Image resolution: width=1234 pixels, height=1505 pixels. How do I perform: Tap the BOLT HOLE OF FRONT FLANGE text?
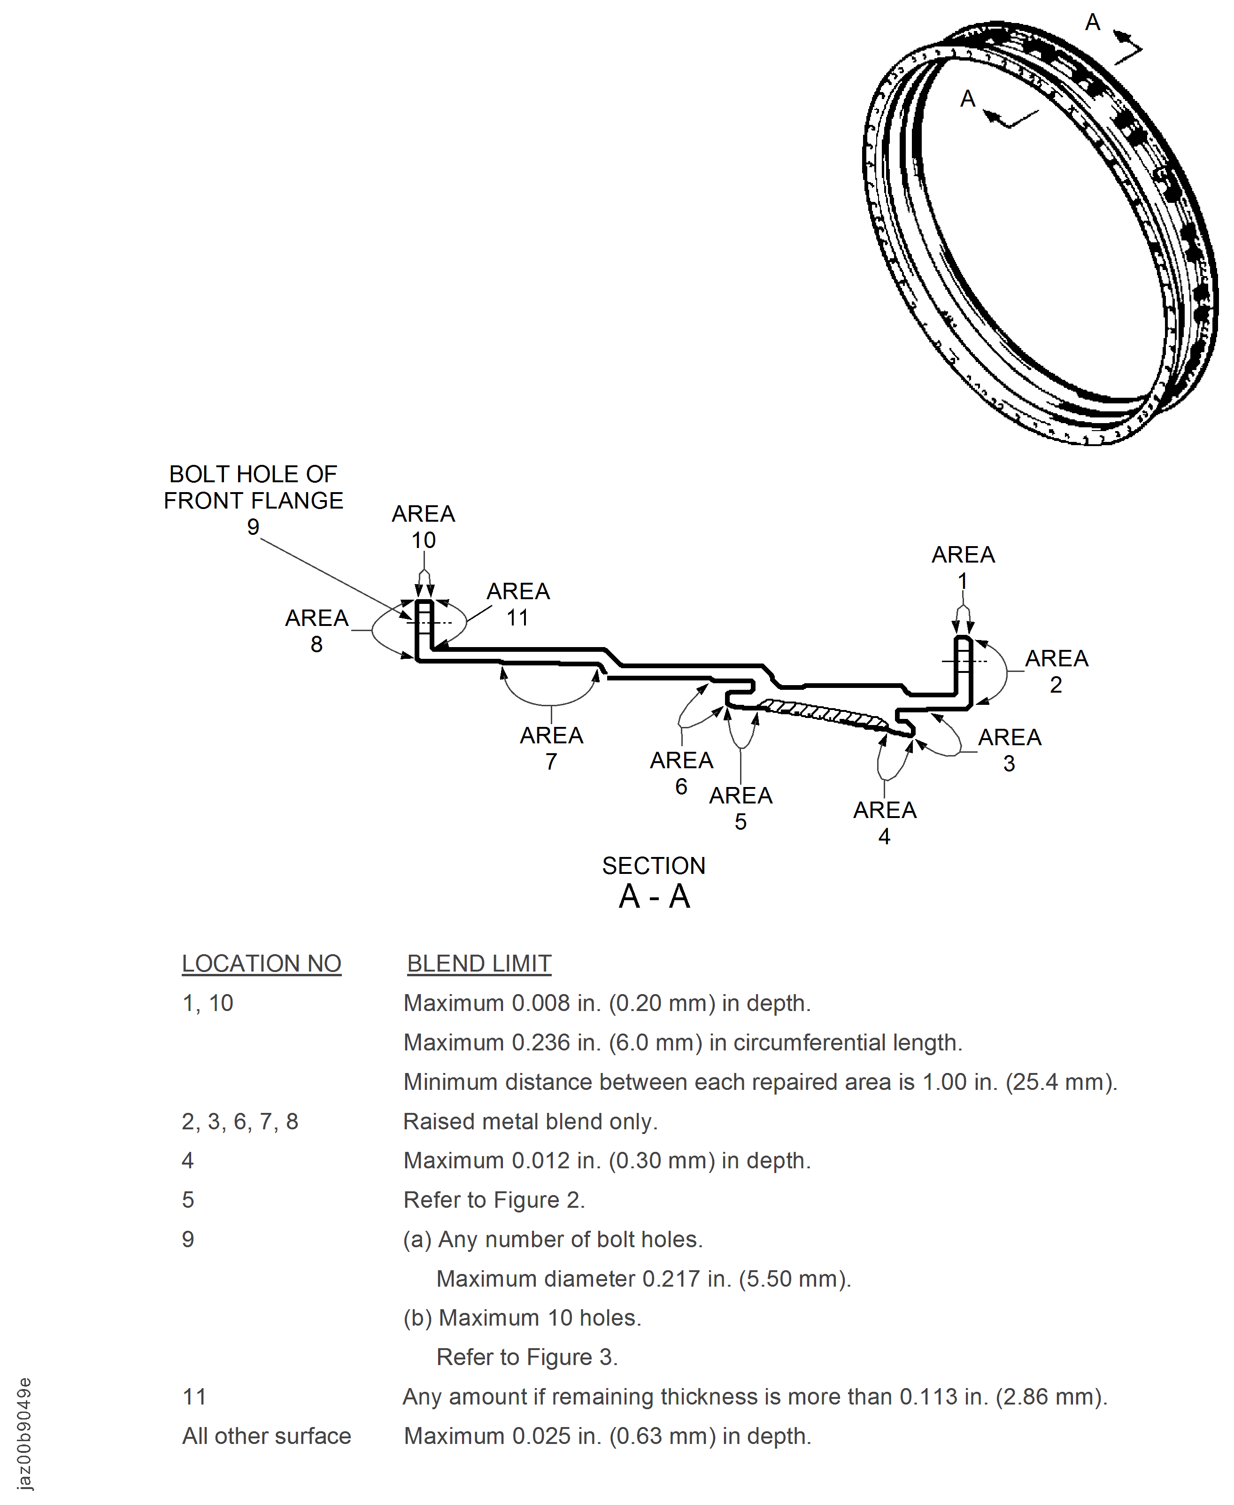[253, 487]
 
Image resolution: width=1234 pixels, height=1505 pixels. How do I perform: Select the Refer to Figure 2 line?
[494, 1200]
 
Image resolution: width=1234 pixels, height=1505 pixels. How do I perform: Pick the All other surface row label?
[267, 1436]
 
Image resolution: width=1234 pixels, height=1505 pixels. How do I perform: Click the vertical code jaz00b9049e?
[24, 1434]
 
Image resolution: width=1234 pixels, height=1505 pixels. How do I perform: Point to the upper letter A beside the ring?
[1093, 23]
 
